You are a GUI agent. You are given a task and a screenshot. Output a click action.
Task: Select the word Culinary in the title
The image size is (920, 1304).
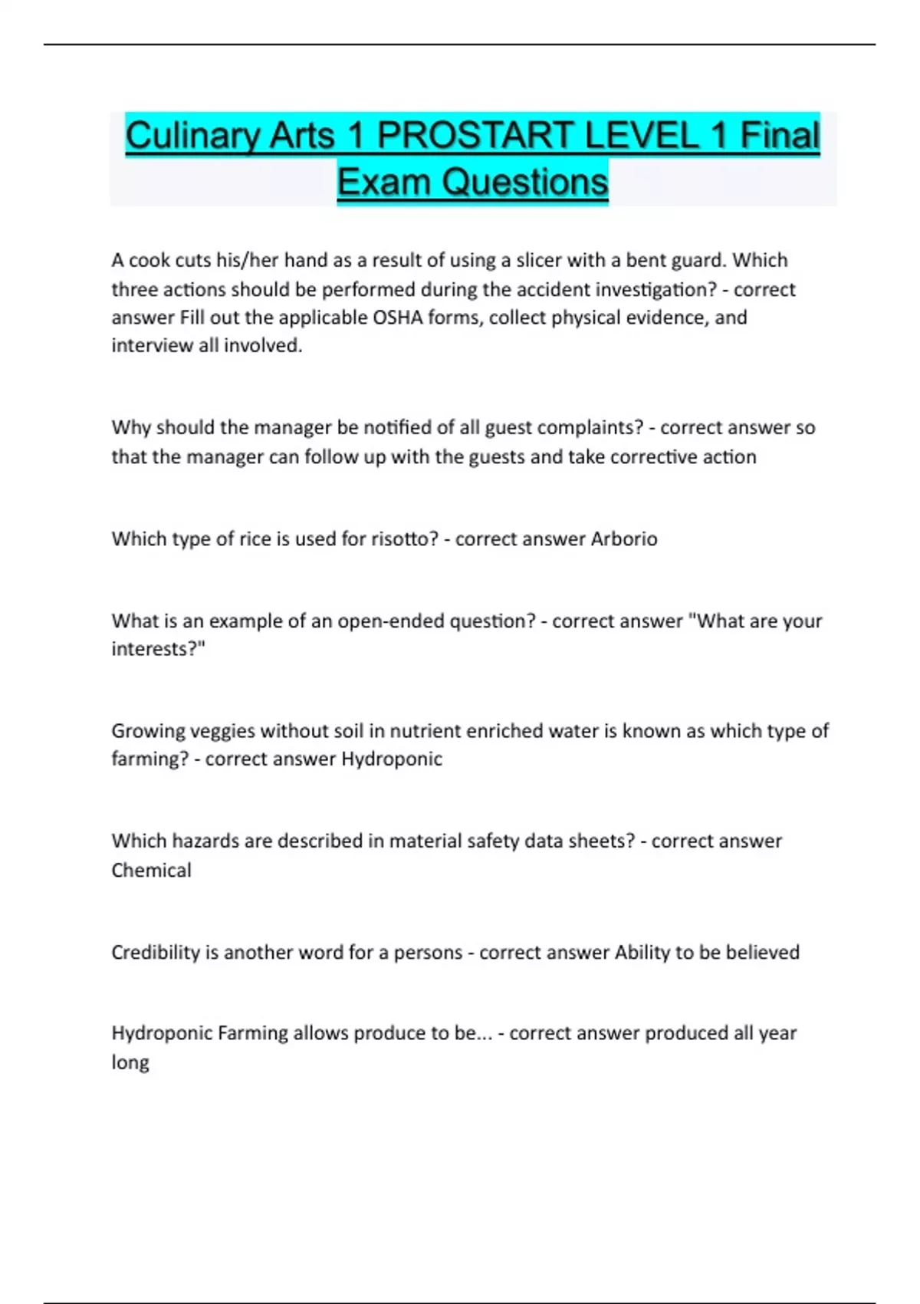191,136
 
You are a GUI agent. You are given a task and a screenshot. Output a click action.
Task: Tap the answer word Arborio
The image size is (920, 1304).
623,539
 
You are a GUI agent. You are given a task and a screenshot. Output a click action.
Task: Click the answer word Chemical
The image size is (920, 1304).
151,871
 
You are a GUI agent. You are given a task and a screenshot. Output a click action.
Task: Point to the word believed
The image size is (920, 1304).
762,953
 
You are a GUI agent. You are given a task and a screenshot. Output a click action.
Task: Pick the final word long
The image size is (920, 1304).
130,1063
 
